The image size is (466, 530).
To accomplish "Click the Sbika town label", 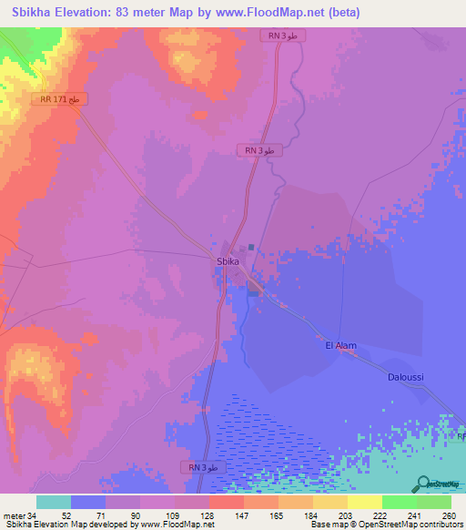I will coord(228,261).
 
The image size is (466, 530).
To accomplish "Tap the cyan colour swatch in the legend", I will coord(54,502).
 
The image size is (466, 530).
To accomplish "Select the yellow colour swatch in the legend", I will coord(364,502).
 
